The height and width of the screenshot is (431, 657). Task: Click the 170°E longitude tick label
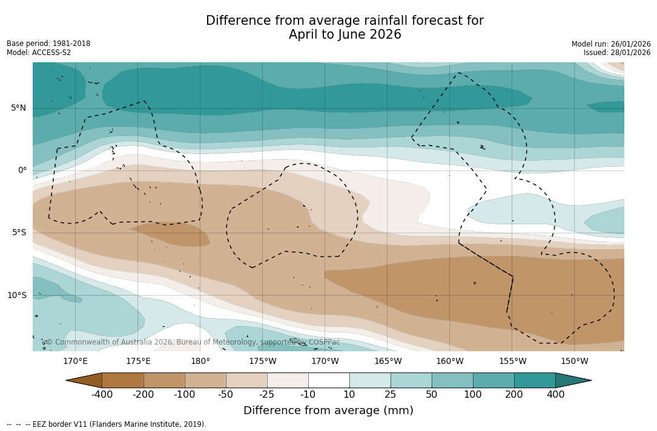[x=75, y=361]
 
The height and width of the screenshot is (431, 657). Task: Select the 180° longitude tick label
[x=200, y=361]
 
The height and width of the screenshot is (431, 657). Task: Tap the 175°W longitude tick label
[x=263, y=361]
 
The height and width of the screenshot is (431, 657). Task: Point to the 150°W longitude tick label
[x=574, y=361]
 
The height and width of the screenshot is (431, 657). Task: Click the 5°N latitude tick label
[x=18, y=108]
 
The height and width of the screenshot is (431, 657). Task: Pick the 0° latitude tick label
[x=22, y=170]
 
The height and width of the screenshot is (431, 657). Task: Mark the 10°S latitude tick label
[x=16, y=296]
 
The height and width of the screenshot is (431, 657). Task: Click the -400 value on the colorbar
[x=102, y=395]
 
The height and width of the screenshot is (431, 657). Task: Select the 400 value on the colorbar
[x=555, y=395]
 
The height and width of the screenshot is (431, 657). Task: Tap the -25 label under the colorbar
[x=267, y=395]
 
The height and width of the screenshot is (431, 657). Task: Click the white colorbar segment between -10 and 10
[x=329, y=380]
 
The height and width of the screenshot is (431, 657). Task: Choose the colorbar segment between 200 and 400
[x=535, y=380]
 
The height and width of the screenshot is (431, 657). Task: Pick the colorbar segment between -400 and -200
[x=122, y=380]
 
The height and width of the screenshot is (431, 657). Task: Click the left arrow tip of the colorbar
[x=68, y=380]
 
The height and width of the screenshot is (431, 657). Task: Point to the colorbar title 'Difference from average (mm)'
[x=328, y=410]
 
